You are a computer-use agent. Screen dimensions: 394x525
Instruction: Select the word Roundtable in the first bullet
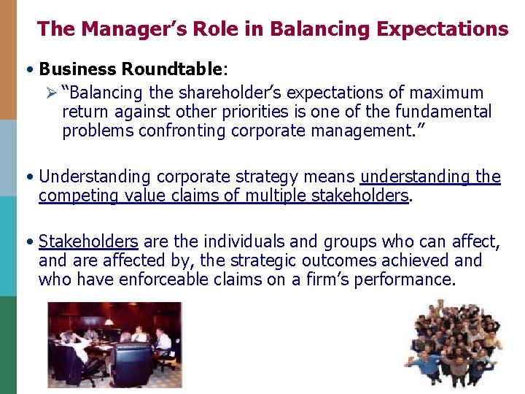[x=173, y=70]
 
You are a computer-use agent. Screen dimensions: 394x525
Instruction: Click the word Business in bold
[x=78, y=70]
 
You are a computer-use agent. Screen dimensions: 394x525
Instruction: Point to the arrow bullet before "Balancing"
[x=51, y=93]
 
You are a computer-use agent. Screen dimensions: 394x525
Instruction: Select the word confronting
[x=179, y=131]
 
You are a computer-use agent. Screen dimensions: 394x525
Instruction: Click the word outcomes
[x=333, y=261]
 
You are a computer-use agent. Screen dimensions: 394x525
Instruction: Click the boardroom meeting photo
[x=114, y=344]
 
